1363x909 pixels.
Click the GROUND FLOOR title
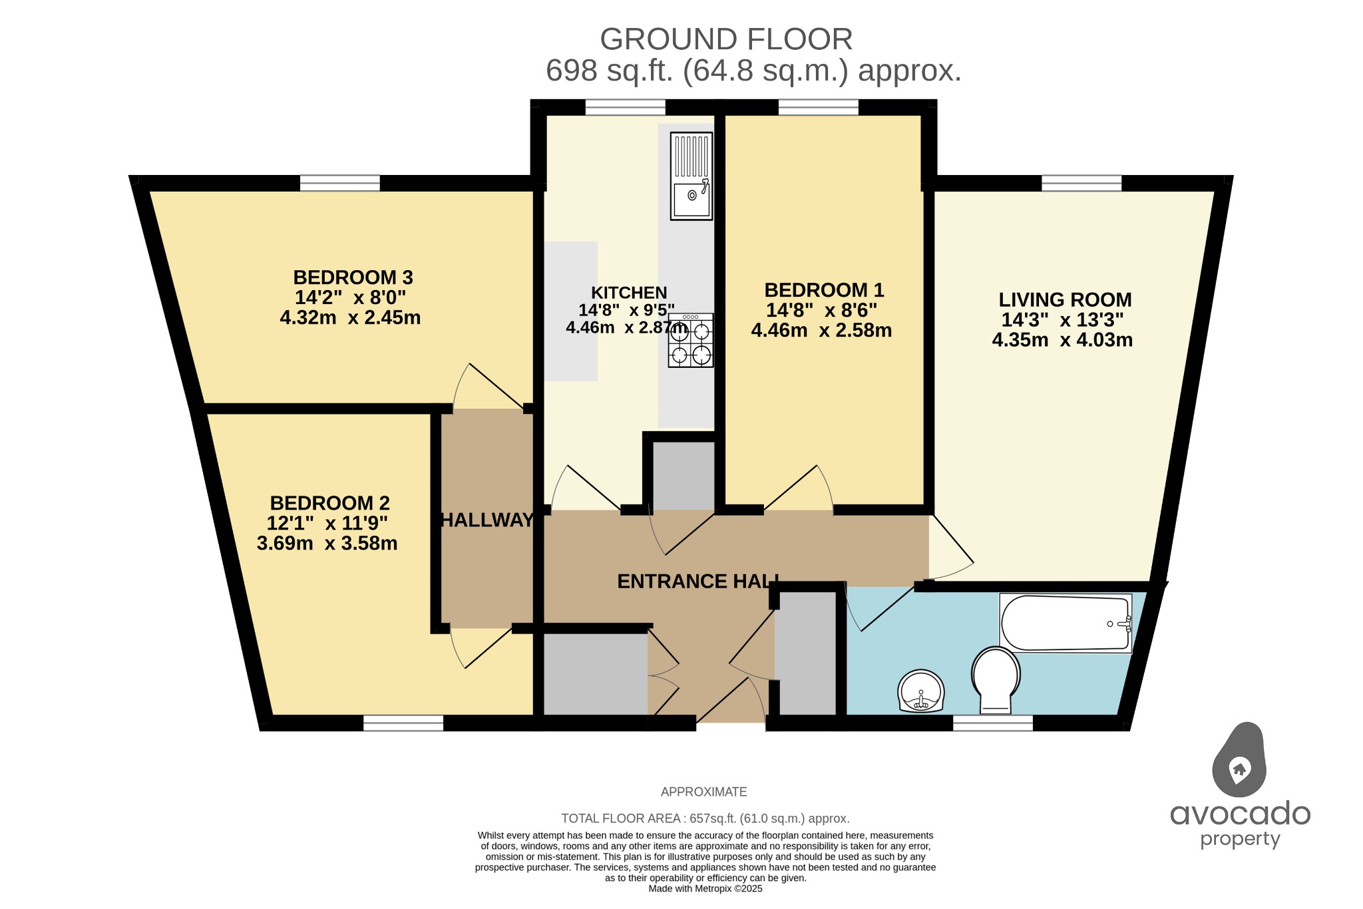[726, 40]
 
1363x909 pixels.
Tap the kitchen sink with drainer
[691, 176]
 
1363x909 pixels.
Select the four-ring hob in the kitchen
[691, 341]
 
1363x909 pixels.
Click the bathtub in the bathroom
[1065, 624]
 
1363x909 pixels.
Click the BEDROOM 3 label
[353, 277]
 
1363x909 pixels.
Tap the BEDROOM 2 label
[329, 503]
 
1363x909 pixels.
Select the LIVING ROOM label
[1065, 300]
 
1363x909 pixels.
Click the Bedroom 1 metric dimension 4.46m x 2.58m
[821, 331]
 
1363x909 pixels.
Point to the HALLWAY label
[487, 520]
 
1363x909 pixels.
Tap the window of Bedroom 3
[339, 182]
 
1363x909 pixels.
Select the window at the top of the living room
[1081, 182]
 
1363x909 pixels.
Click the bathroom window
[993, 723]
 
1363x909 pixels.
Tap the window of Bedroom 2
[403, 723]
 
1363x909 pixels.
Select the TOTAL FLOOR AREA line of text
[705, 818]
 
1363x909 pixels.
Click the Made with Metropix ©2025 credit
[705, 888]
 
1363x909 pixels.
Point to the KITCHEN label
[629, 293]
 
